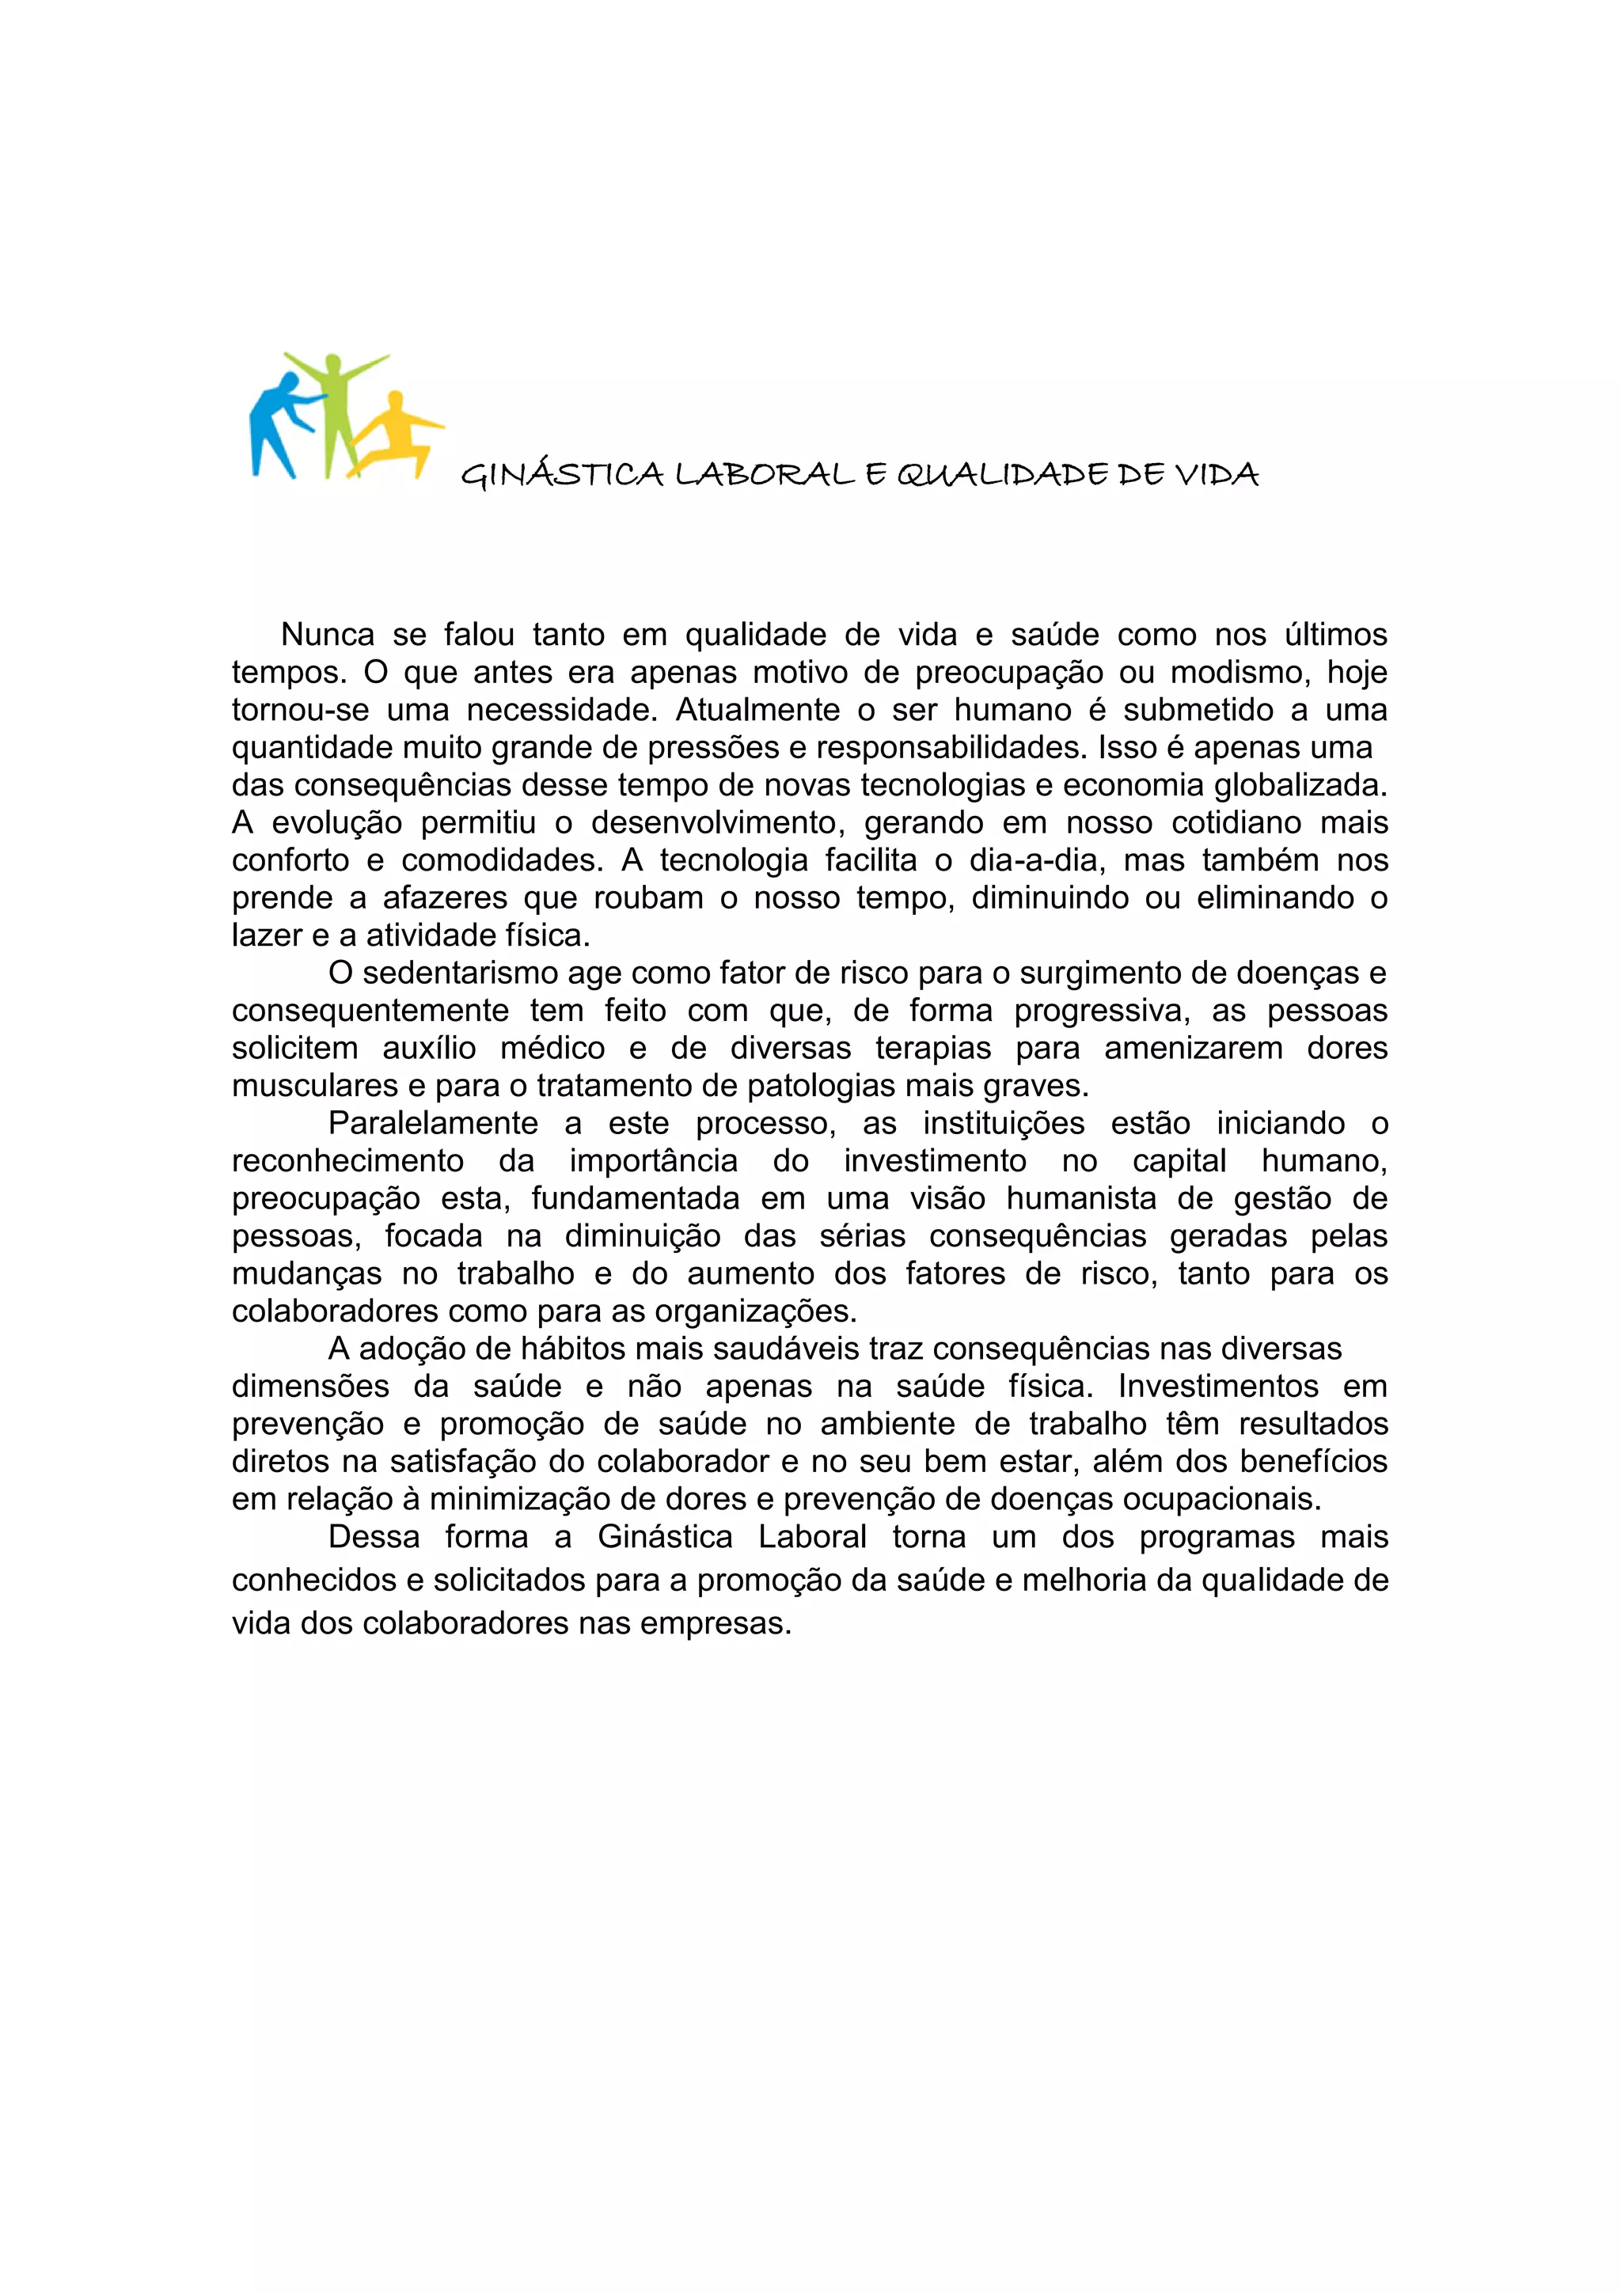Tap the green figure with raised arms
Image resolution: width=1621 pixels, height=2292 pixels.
click(337, 400)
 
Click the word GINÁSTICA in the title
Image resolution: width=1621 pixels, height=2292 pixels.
click(562, 474)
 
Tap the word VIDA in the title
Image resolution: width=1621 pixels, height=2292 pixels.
click(1216, 474)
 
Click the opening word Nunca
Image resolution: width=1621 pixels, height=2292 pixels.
click(328, 635)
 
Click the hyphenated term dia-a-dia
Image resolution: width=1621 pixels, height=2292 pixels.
click(1033, 860)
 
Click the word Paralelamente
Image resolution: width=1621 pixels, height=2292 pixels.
click(433, 1124)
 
